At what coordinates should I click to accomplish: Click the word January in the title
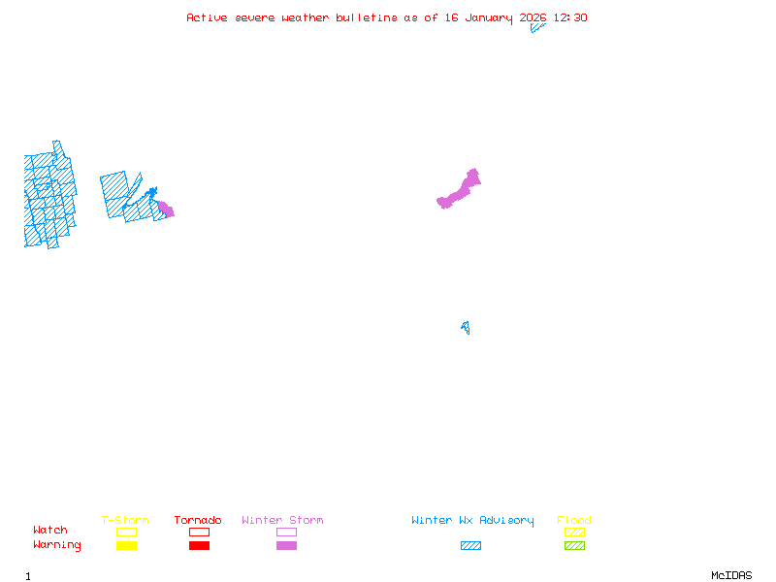[490, 17]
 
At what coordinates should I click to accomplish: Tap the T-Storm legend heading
[125, 521]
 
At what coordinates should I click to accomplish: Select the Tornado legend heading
[198, 521]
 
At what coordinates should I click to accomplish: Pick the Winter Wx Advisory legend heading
[472, 521]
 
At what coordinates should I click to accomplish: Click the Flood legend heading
[574, 521]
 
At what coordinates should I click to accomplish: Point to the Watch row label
[50, 531]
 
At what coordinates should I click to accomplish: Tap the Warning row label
[57, 545]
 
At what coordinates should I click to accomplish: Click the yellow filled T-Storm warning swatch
[126, 546]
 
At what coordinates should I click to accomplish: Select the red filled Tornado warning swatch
[199, 546]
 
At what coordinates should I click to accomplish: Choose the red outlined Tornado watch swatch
[199, 533]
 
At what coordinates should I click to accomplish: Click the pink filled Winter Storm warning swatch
[286, 546]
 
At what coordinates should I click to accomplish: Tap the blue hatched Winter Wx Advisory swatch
[470, 546]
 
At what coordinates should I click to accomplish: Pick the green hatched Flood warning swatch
[574, 546]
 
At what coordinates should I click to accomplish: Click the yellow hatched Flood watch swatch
[574, 533]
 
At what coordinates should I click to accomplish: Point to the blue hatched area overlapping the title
[536, 27]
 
